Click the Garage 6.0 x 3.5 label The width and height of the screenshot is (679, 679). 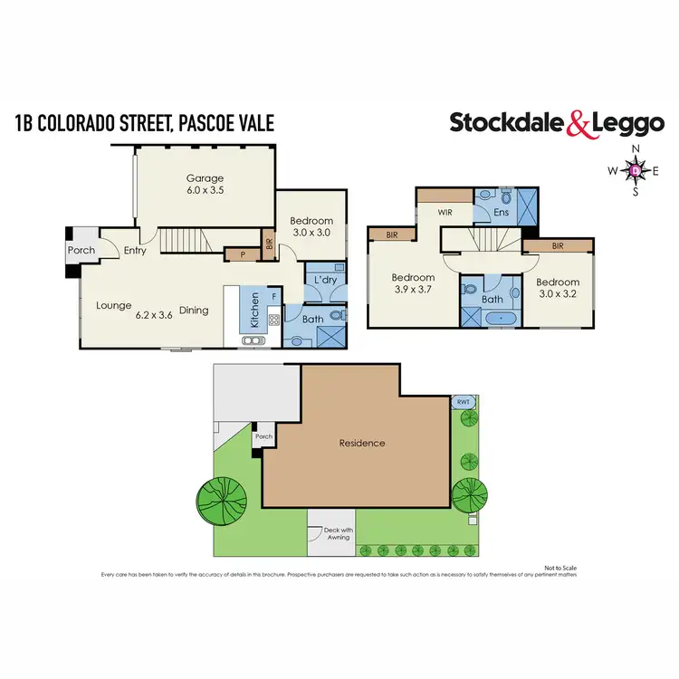(x=205, y=185)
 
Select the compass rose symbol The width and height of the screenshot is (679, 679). (x=635, y=169)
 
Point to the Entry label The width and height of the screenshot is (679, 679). (x=136, y=251)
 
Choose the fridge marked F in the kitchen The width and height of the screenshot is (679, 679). (x=274, y=297)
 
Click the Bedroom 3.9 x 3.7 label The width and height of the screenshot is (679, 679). (x=413, y=283)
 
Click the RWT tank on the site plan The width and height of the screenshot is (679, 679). (x=463, y=401)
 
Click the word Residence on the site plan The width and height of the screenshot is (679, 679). (x=362, y=443)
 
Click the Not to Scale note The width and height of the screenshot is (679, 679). (x=559, y=567)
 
